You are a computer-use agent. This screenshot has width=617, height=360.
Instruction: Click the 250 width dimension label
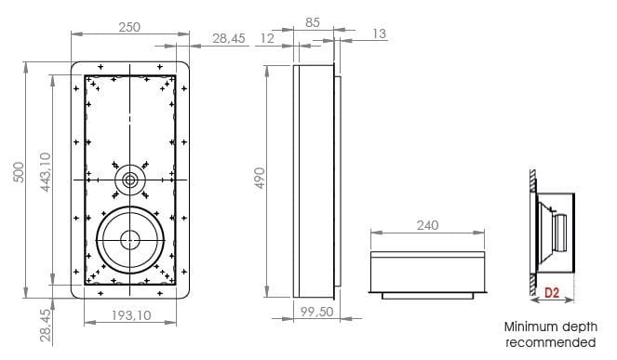(129, 28)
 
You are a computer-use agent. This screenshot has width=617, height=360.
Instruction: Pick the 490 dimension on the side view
(262, 177)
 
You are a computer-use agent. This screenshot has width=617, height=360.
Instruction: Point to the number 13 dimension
(379, 34)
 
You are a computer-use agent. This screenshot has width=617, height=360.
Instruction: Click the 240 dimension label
(427, 225)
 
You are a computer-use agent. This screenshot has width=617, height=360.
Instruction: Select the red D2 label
(552, 293)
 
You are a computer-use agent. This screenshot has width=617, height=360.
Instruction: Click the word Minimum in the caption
(529, 327)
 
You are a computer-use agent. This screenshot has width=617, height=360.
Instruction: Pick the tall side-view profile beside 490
(314, 177)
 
